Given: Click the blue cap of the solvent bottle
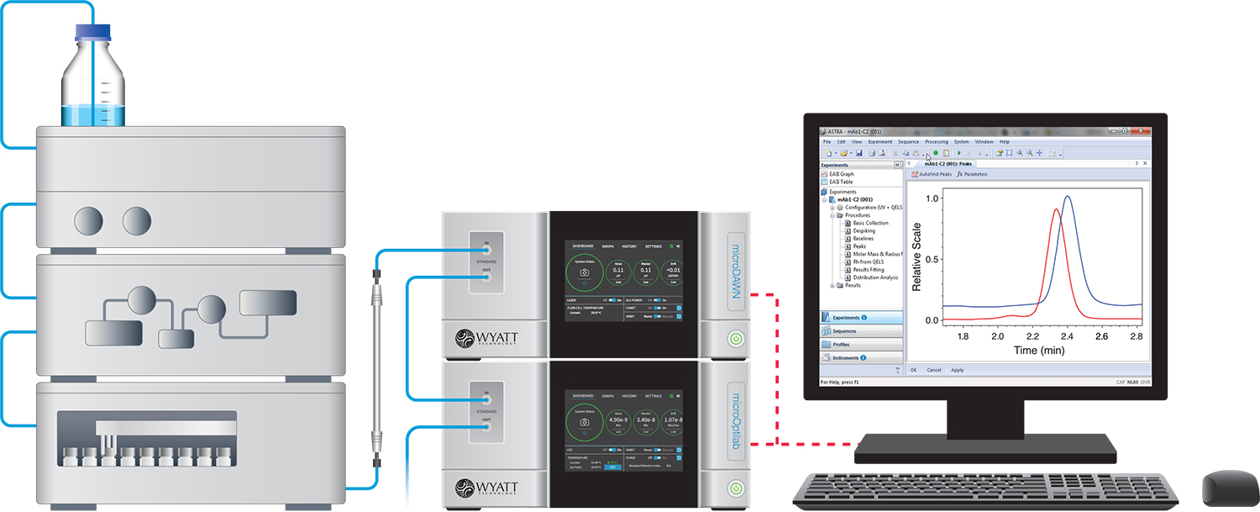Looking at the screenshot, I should pos(94,33).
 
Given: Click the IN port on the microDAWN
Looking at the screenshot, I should pos(486,249).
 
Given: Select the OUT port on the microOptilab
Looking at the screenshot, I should pos(486,426).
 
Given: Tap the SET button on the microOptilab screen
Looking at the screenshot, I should pos(612,467).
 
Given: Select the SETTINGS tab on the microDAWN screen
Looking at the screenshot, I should pos(653,246).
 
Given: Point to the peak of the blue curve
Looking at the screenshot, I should pos(1068,197).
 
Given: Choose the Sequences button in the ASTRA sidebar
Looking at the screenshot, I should pos(843,331).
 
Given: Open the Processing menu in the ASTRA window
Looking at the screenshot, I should pos(936,142).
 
